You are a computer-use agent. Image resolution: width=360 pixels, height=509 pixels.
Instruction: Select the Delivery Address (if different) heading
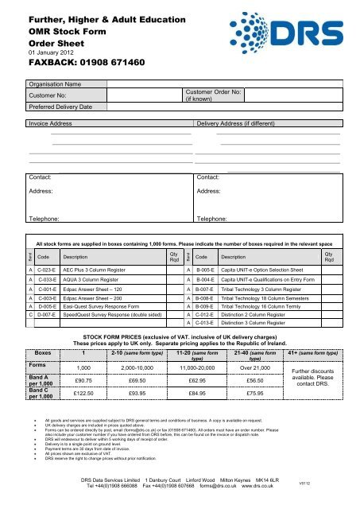pyautogui.click(x=239, y=124)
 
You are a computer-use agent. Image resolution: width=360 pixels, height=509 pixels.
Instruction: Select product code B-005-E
pyautogui.click(x=205, y=270)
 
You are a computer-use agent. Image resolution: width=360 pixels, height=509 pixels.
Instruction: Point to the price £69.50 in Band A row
pyautogui.click(x=142, y=381)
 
